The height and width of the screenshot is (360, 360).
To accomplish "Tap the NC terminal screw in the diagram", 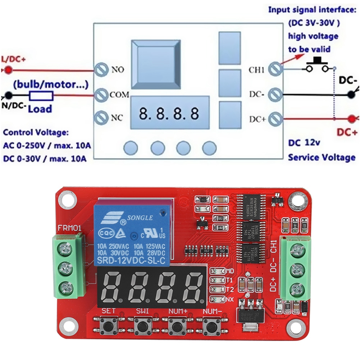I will tap(101, 117).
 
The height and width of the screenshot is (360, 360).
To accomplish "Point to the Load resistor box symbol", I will tap(41, 96).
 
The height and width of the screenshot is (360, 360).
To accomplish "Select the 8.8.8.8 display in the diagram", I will tap(169, 114).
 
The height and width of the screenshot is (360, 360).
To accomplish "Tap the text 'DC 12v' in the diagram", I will tap(304, 143).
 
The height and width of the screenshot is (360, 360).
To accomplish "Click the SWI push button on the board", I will tap(142, 326).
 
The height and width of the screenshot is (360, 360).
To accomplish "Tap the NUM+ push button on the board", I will tap(176, 326).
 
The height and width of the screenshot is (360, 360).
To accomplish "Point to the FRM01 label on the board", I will tap(69, 228).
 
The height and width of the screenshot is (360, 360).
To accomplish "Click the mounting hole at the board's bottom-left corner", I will tap(66, 324).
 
